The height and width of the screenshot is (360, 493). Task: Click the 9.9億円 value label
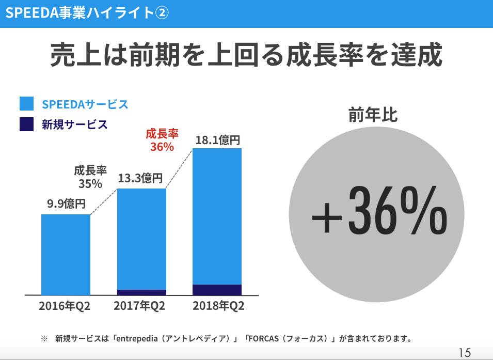coord(66,204)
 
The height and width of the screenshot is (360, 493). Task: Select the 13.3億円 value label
coord(140,178)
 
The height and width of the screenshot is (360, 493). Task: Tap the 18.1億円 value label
coord(218,139)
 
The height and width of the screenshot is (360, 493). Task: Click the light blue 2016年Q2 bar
coord(66,254)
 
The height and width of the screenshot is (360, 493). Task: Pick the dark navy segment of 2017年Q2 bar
coord(141,292)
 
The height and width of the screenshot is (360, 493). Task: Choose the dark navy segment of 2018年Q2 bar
coord(217,290)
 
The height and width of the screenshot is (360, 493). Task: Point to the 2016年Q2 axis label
coord(65,306)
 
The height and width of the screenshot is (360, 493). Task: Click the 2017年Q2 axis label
coord(139,306)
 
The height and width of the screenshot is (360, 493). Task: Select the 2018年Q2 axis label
coord(218,306)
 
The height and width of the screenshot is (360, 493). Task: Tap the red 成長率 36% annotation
coord(162,140)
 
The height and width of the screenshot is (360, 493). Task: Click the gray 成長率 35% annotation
coord(90,177)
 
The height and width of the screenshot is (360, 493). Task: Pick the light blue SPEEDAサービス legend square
coord(26,104)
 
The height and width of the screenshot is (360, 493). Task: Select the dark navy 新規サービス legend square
coord(26,124)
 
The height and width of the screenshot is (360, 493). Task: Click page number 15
coord(465,353)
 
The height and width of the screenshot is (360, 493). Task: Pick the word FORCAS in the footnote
coord(265,339)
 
